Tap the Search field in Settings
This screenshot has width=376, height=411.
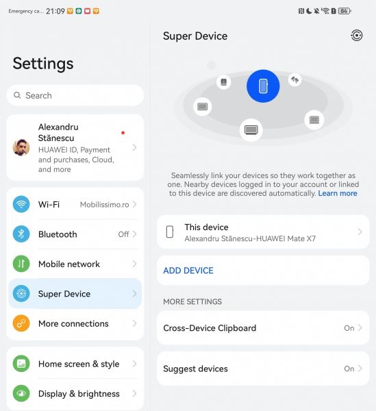[75, 95]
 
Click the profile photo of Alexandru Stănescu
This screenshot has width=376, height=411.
[21, 147]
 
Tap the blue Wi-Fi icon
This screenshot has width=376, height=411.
[21, 204]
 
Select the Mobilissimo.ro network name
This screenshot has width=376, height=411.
[104, 204]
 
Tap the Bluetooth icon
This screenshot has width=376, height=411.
[21, 234]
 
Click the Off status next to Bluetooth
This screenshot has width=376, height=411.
[123, 234]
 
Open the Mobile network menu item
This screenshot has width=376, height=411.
[69, 264]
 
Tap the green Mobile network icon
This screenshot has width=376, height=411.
[21, 264]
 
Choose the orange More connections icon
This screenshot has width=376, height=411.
[21, 323]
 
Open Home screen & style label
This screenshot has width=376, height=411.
[79, 364]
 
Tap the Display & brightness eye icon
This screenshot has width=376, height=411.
[21, 393]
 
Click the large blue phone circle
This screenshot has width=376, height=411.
[263, 86]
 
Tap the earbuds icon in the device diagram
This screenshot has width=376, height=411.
[294, 79]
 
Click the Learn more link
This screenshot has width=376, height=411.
[338, 193]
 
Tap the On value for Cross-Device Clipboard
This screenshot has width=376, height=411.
[349, 328]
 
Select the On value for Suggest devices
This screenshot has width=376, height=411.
[349, 369]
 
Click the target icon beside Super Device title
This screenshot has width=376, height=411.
[357, 36]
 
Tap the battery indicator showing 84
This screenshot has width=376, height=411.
[344, 11]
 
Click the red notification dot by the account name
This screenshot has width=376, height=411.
[123, 133]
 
